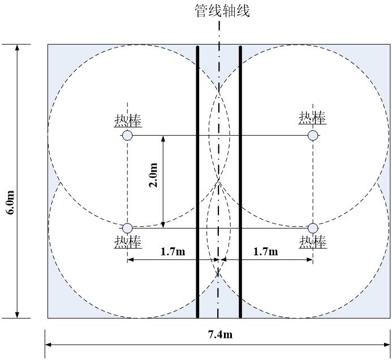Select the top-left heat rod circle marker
(127, 135)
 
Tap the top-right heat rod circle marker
(313, 135)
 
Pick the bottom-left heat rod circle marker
(127, 228)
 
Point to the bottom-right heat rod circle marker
(313, 228)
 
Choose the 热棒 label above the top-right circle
(312, 118)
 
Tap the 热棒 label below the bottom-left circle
(127, 242)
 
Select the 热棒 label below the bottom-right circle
(312, 242)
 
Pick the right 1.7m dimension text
(265, 251)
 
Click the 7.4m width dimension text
(219, 334)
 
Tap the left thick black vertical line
(197, 181)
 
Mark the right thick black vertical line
(240, 181)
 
